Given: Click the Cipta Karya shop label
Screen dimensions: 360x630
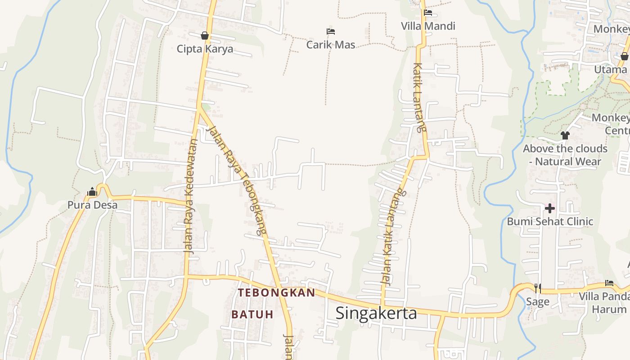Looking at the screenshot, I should coord(205,49).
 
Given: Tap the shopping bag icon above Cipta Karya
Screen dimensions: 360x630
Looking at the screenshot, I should coord(205,35).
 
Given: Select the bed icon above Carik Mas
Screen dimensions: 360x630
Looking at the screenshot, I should coord(331,31).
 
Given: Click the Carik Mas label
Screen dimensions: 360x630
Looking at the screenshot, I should coord(331,45).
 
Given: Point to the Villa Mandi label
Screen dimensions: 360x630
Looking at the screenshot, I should coord(428,26).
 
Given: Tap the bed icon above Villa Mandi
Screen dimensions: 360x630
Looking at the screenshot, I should coord(428,13).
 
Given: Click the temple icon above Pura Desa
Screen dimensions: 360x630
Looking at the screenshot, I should coord(92,192).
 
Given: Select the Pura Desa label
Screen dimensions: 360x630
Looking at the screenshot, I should coord(92,205).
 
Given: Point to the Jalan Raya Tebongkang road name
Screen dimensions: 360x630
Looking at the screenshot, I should coord(235,180).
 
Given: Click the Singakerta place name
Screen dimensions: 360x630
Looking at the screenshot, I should coord(376,313).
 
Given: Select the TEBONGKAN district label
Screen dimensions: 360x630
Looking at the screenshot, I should coord(276,292).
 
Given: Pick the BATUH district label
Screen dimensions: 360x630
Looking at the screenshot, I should coord(252,314).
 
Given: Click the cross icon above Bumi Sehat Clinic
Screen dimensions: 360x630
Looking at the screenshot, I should coord(550,208).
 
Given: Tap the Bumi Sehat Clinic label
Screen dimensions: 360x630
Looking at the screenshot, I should coord(550,221).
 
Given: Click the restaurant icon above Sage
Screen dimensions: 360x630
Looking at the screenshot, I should coord(538,288).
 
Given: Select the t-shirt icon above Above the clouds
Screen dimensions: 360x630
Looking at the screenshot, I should coord(565,135).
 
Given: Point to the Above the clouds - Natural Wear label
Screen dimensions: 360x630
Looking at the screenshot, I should coord(565,155).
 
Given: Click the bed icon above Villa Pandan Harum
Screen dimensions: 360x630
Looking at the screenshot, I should coord(609,283).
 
